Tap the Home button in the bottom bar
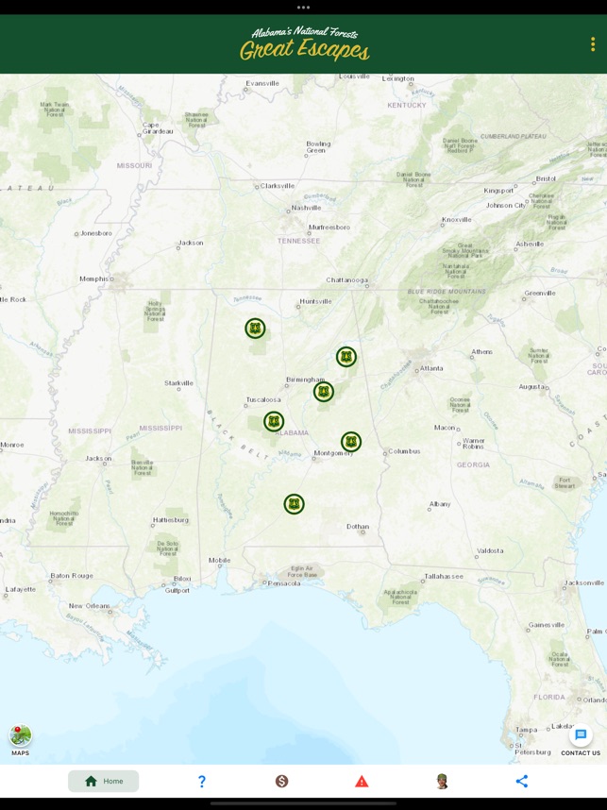click(104, 781)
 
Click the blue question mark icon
click(201, 781)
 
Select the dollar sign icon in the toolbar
click(281, 781)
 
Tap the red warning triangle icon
click(362, 781)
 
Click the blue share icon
click(522, 781)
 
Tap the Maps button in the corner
click(20, 737)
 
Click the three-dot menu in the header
click(593, 44)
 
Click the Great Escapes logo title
click(304, 43)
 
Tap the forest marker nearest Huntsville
click(255, 329)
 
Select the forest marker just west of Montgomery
click(351, 442)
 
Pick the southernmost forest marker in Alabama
click(295, 504)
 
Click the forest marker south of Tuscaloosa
click(274, 421)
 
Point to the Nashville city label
click(306, 208)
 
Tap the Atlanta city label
click(431, 368)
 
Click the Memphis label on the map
click(93, 278)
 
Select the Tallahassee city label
click(442, 575)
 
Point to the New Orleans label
click(89, 605)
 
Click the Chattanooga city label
click(346, 280)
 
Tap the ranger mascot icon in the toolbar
click(442, 781)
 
